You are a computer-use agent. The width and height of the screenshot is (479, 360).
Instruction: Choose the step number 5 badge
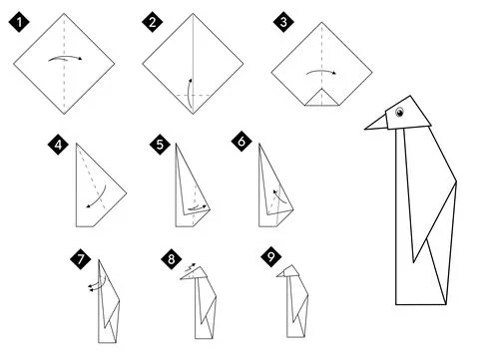pyautogui.click(x=160, y=146)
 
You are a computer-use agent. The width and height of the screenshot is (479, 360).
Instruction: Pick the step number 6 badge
pyautogui.click(x=239, y=146)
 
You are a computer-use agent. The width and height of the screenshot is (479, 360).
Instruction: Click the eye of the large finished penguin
pyautogui.click(x=400, y=113)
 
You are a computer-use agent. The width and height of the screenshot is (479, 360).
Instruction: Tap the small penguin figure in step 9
pyautogui.click(x=291, y=304)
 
